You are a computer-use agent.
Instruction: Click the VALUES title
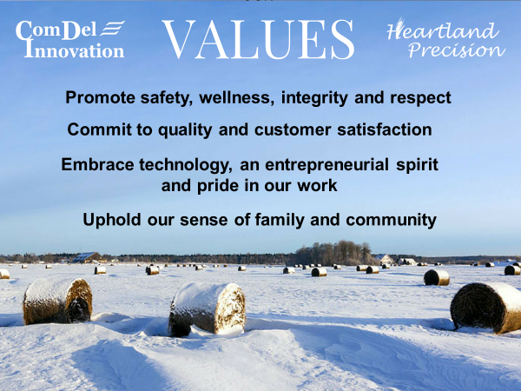[x=258, y=39]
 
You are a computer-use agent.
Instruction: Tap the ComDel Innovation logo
[x=70, y=39]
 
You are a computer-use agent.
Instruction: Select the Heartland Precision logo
[x=446, y=39]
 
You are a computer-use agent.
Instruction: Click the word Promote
[x=100, y=97]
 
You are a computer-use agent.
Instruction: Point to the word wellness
[x=236, y=97]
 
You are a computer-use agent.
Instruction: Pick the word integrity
[x=314, y=97]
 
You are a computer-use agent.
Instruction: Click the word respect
[x=420, y=98]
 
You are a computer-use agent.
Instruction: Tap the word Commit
[x=99, y=129]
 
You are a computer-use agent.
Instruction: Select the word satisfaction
[x=385, y=129]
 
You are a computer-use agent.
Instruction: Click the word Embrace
[x=97, y=164]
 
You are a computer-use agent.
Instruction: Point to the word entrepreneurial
[x=327, y=165]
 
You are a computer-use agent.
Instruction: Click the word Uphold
[x=112, y=220]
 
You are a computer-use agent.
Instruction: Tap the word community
[x=391, y=220]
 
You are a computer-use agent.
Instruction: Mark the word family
[x=280, y=220]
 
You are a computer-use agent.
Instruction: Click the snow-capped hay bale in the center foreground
[x=208, y=308]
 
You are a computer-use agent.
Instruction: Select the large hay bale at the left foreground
[x=57, y=301]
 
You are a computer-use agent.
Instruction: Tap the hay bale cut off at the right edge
[x=485, y=308]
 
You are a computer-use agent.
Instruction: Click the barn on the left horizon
[x=87, y=257]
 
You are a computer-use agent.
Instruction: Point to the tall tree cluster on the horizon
[x=333, y=253]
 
